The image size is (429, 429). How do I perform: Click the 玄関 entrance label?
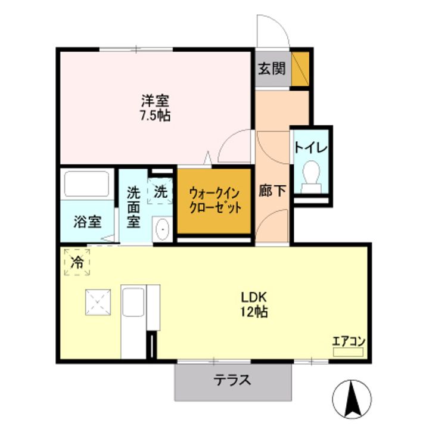(x=272, y=69)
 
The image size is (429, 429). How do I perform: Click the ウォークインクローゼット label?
(x=214, y=201)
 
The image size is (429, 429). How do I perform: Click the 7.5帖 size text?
(x=155, y=116)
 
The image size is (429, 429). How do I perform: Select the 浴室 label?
(x=87, y=222)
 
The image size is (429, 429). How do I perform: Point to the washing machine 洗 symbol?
(x=160, y=192)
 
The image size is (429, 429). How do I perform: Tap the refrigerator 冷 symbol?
(x=77, y=262)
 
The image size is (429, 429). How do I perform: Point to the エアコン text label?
(x=348, y=341)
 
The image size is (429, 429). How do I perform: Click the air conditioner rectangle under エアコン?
(x=348, y=352)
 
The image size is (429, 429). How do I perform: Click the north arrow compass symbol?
(x=351, y=397)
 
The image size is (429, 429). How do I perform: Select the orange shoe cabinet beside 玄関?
(x=300, y=69)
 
